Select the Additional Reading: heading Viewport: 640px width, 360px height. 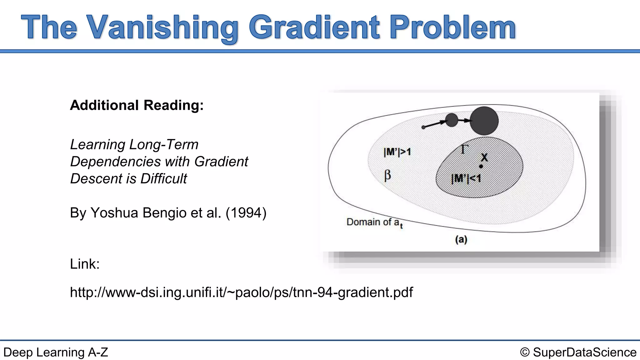[x=137, y=105]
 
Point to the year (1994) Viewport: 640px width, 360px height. [x=246, y=213]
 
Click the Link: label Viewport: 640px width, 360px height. [x=85, y=264]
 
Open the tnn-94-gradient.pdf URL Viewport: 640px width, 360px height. [x=241, y=292]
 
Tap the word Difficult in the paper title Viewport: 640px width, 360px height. [x=163, y=179]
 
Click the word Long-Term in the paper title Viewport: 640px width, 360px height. [x=164, y=145]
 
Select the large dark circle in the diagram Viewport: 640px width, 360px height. [x=484, y=121]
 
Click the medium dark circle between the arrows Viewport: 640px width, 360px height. [x=451, y=120]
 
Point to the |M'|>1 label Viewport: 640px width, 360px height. [x=397, y=152]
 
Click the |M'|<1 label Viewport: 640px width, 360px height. [x=466, y=179]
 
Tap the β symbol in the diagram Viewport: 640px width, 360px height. [x=387, y=175]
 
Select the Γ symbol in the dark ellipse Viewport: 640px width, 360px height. [x=464, y=149]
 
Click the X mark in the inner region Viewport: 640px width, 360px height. [x=484, y=157]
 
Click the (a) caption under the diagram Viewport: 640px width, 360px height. [x=461, y=240]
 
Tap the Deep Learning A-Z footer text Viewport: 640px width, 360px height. [x=56, y=352]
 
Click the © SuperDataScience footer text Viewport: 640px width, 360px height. [x=578, y=352]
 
